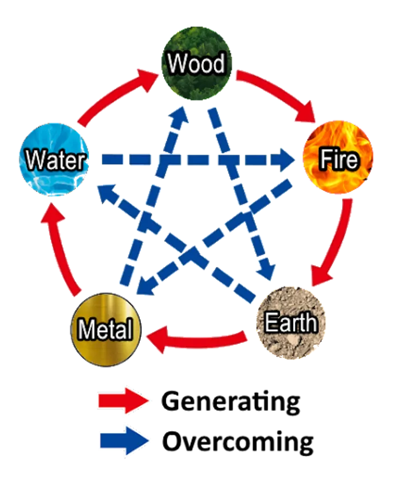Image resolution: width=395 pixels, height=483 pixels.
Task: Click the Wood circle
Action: (x=197, y=62)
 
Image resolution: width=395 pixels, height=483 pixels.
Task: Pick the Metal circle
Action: (x=106, y=329)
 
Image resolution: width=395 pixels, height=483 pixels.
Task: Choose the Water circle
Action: (x=54, y=160)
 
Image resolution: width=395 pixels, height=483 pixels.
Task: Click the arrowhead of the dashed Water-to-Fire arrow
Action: (x=285, y=159)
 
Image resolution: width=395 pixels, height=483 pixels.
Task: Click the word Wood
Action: (x=197, y=63)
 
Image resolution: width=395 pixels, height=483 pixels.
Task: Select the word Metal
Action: (x=105, y=330)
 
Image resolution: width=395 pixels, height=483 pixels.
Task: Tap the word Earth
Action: (x=291, y=323)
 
